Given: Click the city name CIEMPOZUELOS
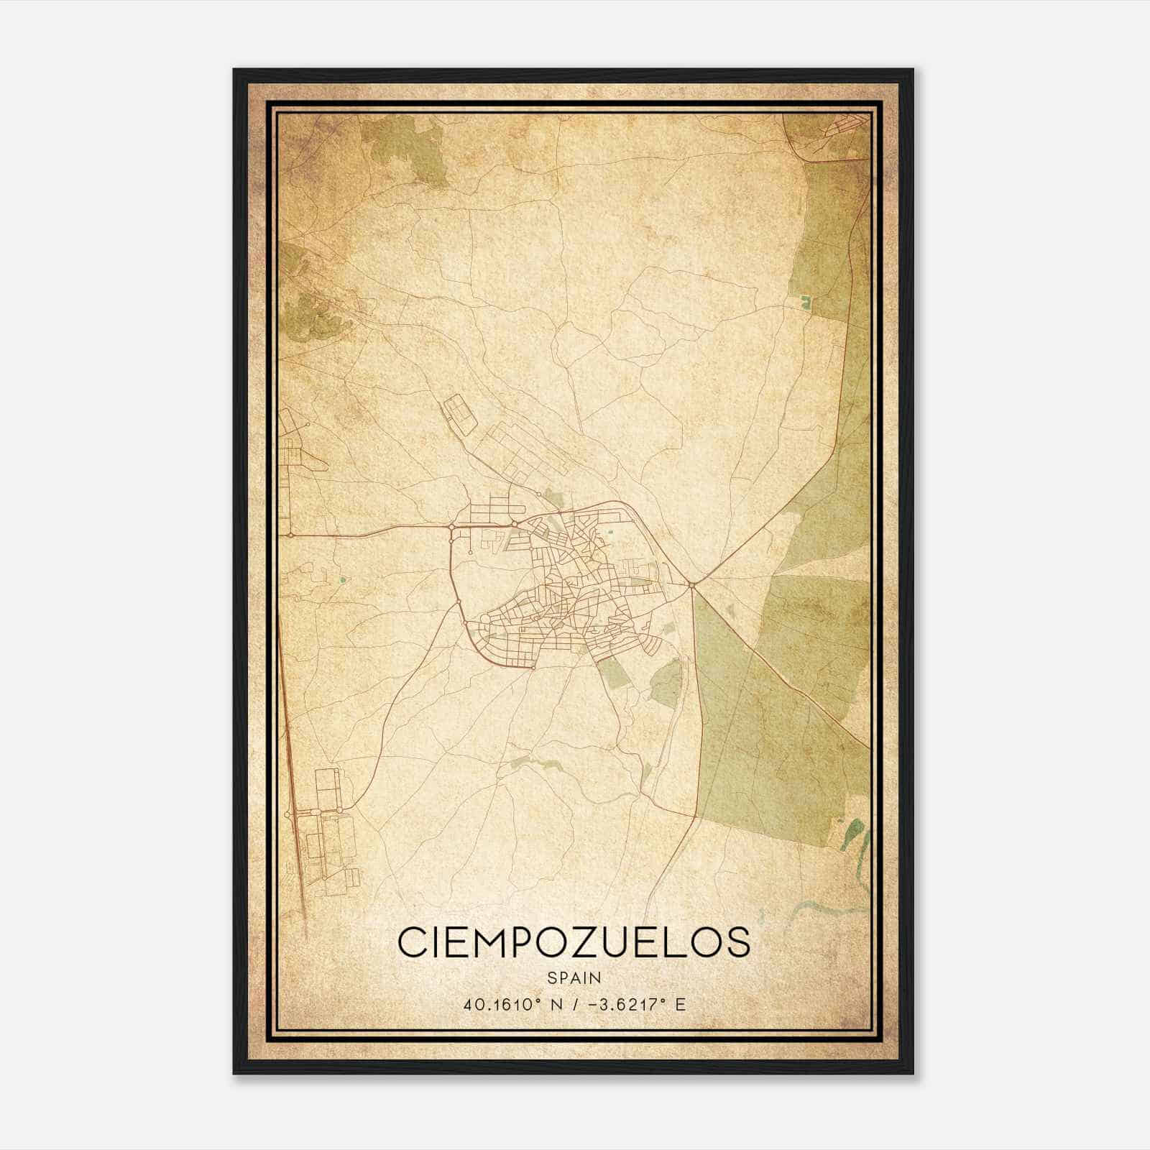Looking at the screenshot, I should point(574,942).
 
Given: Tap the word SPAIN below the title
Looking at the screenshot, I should point(574,978).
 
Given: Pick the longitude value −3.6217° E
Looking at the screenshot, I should point(637,1004).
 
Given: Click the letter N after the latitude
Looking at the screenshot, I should point(556,1004).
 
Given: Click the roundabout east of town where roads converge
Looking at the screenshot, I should point(691,585).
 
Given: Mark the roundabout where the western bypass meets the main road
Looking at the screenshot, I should point(451,528).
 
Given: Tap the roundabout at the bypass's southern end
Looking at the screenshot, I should point(534,666).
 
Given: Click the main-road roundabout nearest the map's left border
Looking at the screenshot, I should point(290,535).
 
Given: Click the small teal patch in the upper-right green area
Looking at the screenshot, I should point(805,303).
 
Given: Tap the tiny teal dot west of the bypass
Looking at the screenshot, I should point(342,579).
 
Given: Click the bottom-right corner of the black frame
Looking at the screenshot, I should point(913,1073).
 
